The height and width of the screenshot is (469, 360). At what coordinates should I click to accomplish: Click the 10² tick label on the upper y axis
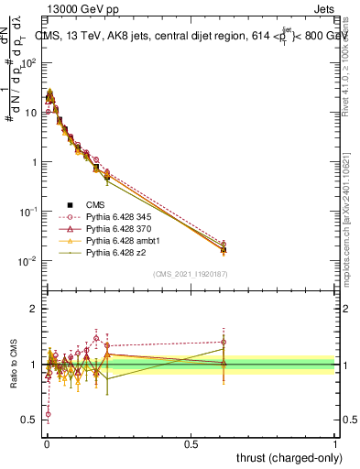click(x=28, y=63)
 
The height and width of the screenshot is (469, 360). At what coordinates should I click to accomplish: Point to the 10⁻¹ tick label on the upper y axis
click(x=28, y=212)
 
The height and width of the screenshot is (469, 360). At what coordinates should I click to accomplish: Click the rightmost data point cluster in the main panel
click(x=224, y=246)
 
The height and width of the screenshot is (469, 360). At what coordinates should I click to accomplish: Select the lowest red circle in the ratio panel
click(x=48, y=414)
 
